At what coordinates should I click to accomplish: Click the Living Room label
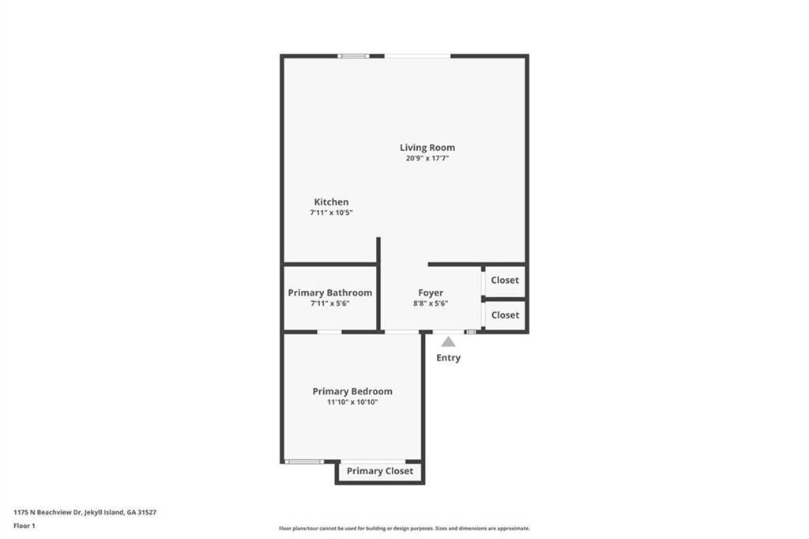(x=427, y=148)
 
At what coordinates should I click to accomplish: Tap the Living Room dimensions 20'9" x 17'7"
(x=427, y=159)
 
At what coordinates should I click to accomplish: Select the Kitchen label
(x=331, y=202)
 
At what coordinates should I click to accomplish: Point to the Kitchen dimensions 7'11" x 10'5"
(x=331, y=213)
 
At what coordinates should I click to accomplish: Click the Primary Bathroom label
(x=329, y=292)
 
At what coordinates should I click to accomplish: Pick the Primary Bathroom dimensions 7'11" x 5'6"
(x=329, y=303)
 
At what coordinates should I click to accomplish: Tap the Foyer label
(x=431, y=292)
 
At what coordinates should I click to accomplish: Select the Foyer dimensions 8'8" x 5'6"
(x=431, y=303)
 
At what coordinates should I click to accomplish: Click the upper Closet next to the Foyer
(x=505, y=280)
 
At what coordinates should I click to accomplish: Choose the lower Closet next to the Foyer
(x=505, y=315)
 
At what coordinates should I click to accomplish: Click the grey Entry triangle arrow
(x=449, y=341)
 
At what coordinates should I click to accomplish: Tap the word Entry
(x=449, y=358)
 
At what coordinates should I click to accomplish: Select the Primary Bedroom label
(x=352, y=391)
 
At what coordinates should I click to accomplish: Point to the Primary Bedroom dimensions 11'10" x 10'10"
(x=352, y=402)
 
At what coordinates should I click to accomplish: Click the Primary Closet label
(x=380, y=471)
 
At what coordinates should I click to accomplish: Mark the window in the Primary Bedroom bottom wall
(x=304, y=462)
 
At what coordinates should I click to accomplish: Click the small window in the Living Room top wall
(x=353, y=56)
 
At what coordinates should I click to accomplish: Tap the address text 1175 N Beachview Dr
(x=47, y=512)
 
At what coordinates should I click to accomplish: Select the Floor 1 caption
(x=24, y=526)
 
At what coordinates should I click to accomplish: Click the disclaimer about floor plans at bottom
(x=404, y=528)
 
